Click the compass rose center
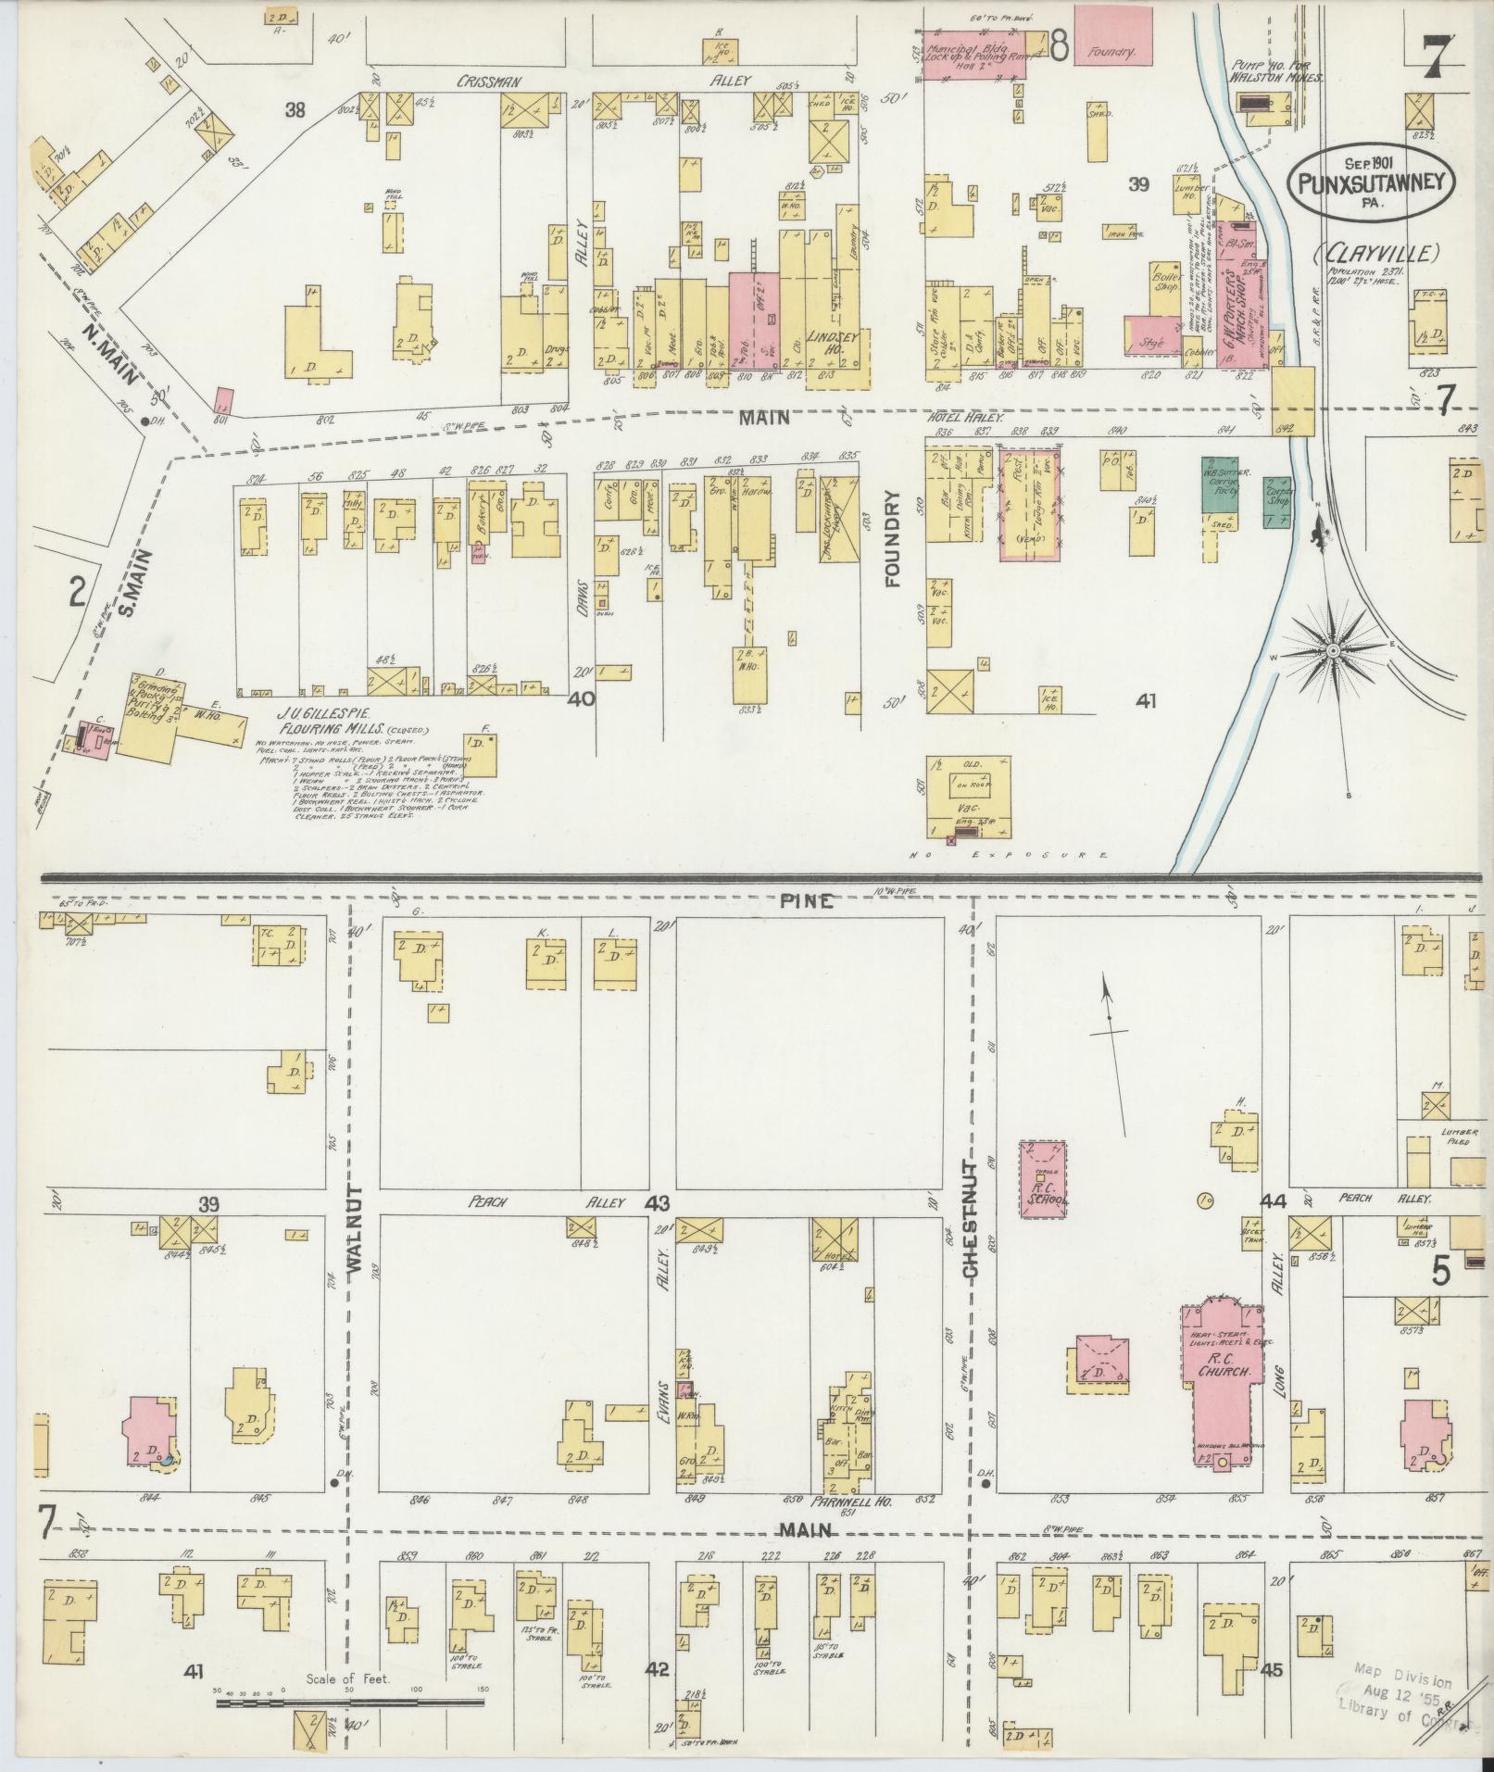1332,651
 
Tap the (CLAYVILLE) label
1375,253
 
